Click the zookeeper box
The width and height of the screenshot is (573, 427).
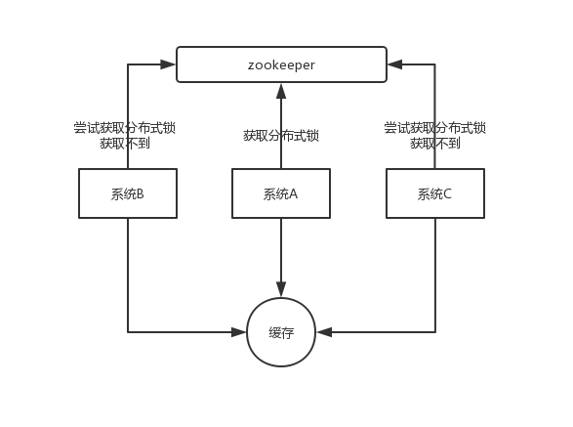pyautogui.click(x=281, y=64)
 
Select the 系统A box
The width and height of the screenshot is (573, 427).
pyautogui.click(x=281, y=193)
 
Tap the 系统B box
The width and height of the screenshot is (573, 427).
pyautogui.click(x=128, y=193)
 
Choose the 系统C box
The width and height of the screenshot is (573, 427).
pyautogui.click(x=434, y=193)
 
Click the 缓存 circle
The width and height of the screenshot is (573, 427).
pyautogui.click(x=281, y=332)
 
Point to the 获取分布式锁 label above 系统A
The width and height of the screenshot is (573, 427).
pyautogui.click(x=281, y=136)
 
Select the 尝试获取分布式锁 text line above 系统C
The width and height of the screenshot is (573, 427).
pyautogui.click(x=435, y=128)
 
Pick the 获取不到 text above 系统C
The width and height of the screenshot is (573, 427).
pyautogui.click(x=435, y=144)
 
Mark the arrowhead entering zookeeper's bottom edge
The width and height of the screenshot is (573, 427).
pyautogui.click(x=281, y=90)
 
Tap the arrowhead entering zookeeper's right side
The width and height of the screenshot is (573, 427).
pyautogui.click(x=394, y=64)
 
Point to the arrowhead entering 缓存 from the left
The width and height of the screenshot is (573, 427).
pyautogui.click(x=238, y=332)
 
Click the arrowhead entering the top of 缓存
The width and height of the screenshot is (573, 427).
pyautogui.click(x=281, y=290)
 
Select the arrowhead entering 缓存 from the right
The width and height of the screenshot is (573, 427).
pyautogui.click(x=324, y=332)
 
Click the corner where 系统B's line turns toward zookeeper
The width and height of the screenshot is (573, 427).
pyautogui.click(x=128, y=64)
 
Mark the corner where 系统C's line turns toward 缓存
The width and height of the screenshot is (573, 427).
pyautogui.click(x=434, y=332)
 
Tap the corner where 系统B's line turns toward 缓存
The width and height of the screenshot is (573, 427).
pyautogui.click(x=128, y=332)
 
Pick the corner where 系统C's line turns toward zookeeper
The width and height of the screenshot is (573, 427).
pyautogui.click(x=434, y=64)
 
